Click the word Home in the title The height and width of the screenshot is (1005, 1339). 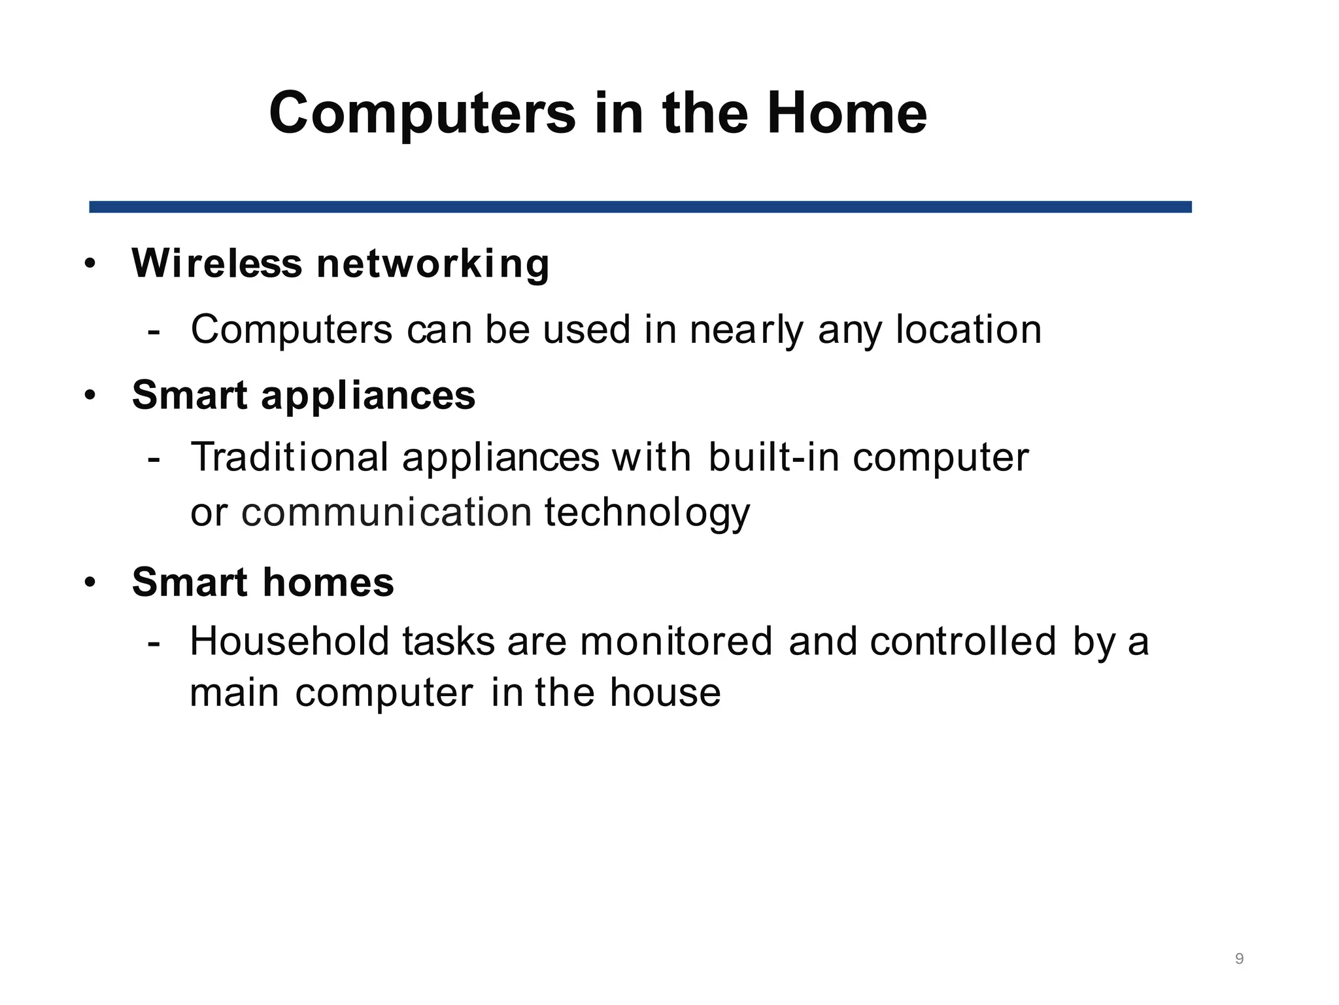click(x=847, y=114)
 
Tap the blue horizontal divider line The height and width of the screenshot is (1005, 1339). click(x=640, y=207)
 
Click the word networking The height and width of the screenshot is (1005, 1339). click(x=433, y=264)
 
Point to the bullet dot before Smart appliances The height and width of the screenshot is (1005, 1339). click(x=90, y=396)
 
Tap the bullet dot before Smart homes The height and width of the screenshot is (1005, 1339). click(x=90, y=582)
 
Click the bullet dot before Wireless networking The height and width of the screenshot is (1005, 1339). click(x=90, y=264)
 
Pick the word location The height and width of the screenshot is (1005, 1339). click(x=968, y=329)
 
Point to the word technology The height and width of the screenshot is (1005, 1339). click(x=647, y=514)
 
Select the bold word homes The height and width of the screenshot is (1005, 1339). click(x=328, y=582)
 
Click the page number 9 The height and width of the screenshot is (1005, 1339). click(x=1239, y=959)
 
